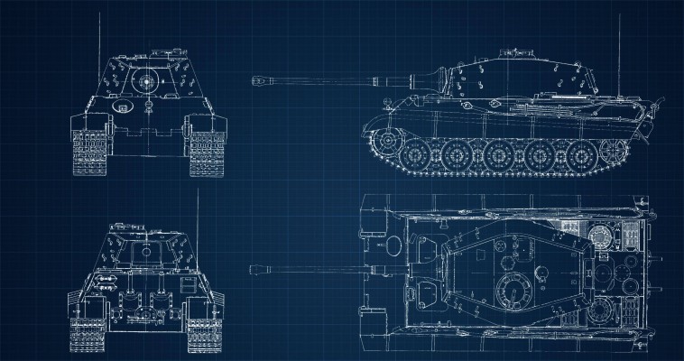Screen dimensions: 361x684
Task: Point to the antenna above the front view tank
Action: pyautogui.click(x=97, y=32)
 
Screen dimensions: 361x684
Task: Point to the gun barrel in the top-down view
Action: pyautogui.click(x=316, y=267)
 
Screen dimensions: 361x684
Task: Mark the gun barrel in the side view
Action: pyautogui.click(x=334, y=81)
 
